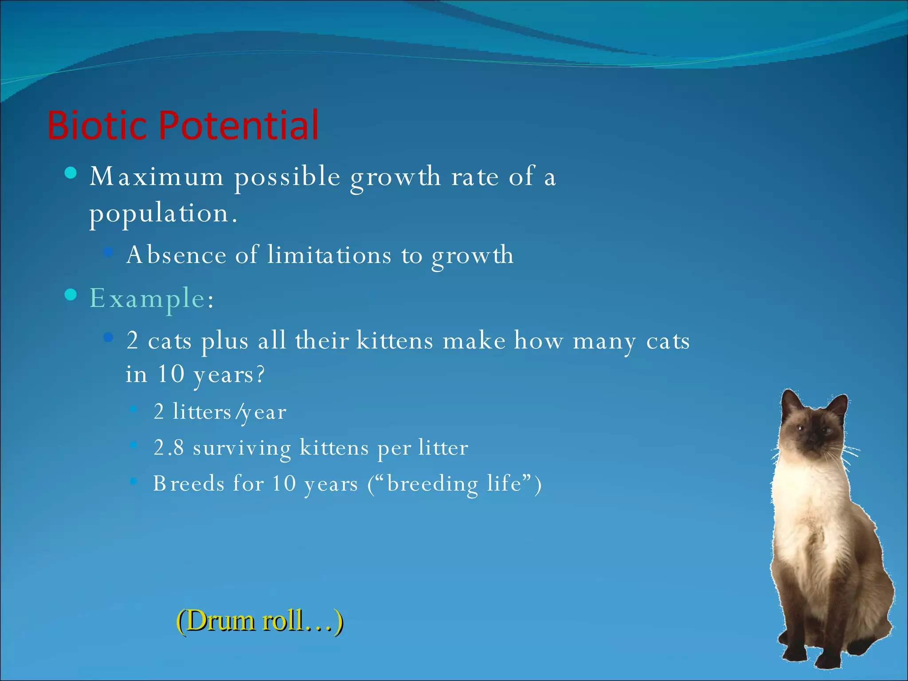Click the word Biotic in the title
coord(97,125)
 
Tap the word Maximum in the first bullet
coord(157,176)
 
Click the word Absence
coord(176,255)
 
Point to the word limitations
coord(329,255)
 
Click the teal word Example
coord(147,298)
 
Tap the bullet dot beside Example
coord(70,295)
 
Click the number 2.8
coord(168,447)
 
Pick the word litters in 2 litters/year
coord(202,412)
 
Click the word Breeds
coord(188,483)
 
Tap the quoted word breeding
coord(432,483)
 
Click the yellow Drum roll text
coord(260,620)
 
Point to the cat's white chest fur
coord(802,501)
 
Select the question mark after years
coord(260,375)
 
